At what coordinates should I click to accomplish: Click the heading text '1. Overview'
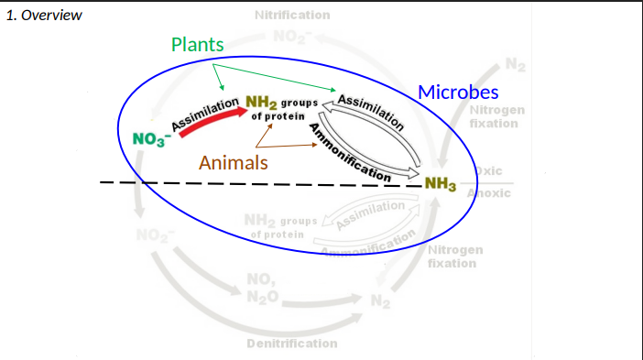coord(44,16)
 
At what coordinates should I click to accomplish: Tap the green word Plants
coord(197,45)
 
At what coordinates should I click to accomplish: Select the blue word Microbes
coord(458,93)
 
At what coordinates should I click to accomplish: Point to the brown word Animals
coord(234,163)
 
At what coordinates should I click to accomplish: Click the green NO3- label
coord(148,139)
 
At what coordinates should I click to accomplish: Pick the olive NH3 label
coord(440,185)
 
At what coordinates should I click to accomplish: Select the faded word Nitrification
coord(291,16)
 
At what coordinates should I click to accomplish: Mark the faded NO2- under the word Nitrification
coord(289,37)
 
